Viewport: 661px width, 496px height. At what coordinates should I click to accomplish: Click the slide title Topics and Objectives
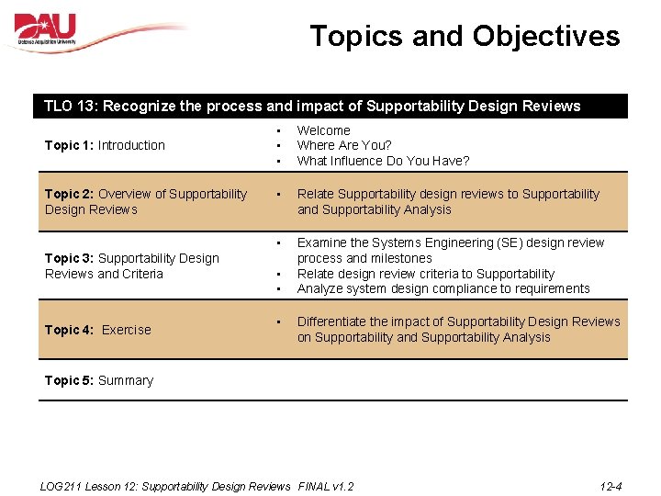[465, 36]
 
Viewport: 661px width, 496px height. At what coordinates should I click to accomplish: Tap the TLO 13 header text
[312, 106]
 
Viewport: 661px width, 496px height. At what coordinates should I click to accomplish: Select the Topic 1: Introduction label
[105, 145]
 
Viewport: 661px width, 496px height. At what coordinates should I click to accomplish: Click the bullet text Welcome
[323, 130]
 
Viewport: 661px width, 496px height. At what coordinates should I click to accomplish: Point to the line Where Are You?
[344, 145]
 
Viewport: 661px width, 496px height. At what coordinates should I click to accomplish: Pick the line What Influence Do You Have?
[383, 161]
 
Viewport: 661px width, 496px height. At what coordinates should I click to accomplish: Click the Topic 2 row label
[145, 201]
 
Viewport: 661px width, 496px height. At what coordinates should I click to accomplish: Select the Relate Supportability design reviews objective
[448, 201]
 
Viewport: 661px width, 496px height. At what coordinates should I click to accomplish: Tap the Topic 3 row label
[131, 265]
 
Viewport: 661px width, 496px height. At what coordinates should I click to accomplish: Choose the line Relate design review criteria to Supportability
[426, 274]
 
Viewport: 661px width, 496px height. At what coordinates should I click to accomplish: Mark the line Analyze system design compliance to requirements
[443, 288]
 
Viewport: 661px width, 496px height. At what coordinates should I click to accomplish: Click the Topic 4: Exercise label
[97, 330]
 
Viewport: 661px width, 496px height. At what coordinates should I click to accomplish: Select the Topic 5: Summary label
[98, 380]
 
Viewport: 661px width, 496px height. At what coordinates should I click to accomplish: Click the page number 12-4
[611, 486]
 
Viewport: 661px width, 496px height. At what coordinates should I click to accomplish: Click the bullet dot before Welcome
[277, 130]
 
